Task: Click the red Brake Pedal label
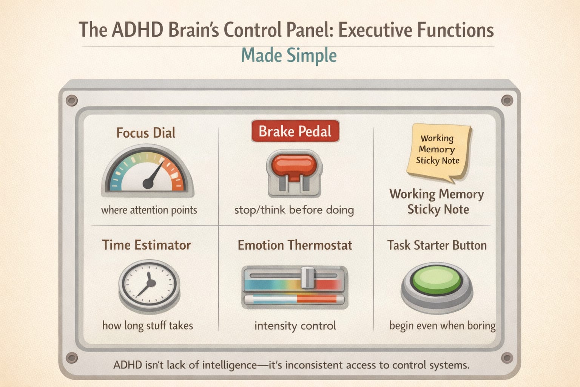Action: coord(295,131)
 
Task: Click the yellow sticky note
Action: coord(438,151)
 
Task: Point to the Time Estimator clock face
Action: coord(149,283)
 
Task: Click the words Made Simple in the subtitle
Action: coord(289,56)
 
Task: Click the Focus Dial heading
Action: coord(146,133)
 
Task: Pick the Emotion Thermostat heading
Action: coord(295,245)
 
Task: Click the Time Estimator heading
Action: coord(147,245)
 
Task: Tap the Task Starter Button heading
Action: coord(437,245)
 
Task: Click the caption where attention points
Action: coord(149,210)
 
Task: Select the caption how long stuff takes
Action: coord(148,326)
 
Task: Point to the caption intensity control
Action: coord(295,326)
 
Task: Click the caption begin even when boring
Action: coord(442,326)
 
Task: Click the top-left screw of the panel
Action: coord(72,101)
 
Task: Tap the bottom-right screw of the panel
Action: coord(507,358)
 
